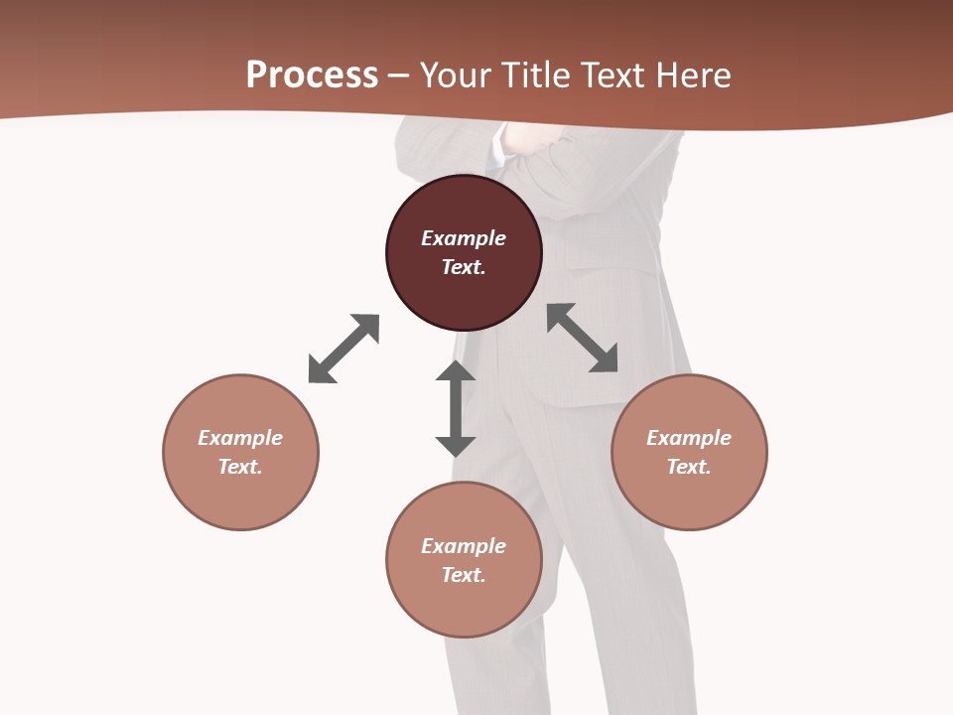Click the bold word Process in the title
312,74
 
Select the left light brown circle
240,497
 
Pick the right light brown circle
689,497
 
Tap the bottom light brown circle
464,606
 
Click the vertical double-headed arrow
456,408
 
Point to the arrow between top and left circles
343,349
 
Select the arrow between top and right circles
583,338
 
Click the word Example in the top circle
464,238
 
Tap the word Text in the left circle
240,467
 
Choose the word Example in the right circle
689,438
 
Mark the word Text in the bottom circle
464,575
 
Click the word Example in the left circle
240,438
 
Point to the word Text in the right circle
689,467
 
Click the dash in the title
398,75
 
